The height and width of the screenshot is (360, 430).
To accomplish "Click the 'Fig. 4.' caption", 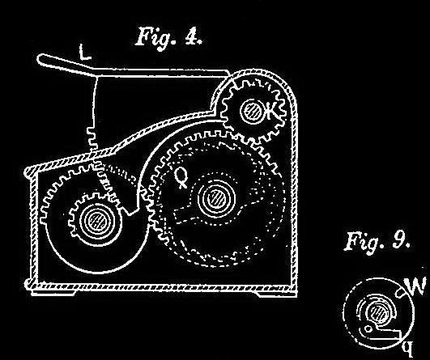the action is (168, 37).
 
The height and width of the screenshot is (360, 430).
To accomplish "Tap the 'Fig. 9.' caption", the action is (377, 241).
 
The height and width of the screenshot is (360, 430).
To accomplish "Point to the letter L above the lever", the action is (84, 52).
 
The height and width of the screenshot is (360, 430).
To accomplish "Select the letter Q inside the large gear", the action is (181, 176).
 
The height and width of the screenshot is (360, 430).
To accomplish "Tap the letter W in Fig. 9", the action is (416, 286).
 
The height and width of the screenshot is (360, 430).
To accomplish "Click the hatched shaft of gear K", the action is (252, 110).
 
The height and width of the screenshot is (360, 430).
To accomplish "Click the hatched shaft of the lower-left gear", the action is (98, 220).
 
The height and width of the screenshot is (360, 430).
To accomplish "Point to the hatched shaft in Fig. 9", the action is (377, 312).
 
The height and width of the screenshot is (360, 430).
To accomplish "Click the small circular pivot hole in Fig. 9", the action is (368, 328).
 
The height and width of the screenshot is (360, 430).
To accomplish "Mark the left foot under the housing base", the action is (53, 293).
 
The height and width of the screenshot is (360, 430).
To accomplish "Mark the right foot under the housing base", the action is (276, 294).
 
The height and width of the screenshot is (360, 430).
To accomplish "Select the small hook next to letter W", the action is (400, 293).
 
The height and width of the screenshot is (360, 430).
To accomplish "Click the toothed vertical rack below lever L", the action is (92, 140).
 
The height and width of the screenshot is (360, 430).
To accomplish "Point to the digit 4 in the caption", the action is (191, 36).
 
